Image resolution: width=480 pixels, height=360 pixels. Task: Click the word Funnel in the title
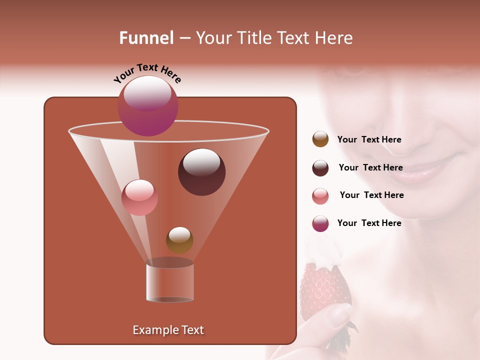click(x=146, y=38)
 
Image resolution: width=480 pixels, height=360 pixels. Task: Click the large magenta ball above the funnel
click(x=147, y=106)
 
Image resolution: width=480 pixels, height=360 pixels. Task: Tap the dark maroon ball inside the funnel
click(x=201, y=172)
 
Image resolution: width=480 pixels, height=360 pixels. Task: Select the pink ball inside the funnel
click(x=139, y=197)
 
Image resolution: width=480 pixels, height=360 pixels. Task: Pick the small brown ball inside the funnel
click(x=179, y=240)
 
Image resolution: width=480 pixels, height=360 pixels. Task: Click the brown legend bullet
click(x=320, y=139)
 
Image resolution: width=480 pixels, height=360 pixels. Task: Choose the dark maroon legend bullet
click(x=320, y=167)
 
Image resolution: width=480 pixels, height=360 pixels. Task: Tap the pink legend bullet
click(x=320, y=195)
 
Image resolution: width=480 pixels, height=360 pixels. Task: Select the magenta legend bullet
click(x=320, y=223)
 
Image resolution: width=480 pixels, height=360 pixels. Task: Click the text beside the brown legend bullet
click(x=369, y=140)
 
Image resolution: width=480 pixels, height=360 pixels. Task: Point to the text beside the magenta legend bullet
click(x=369, y=223)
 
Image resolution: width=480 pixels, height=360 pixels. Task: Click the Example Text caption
click(x=168, y=330)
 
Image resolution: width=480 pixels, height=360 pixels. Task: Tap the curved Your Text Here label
click(x=147, y=72)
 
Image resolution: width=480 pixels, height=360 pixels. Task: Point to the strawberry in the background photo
click(x=324, y=290)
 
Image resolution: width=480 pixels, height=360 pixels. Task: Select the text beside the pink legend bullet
click(x=371, y=195)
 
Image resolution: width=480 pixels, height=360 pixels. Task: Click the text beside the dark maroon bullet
click(x=370, y=167)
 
